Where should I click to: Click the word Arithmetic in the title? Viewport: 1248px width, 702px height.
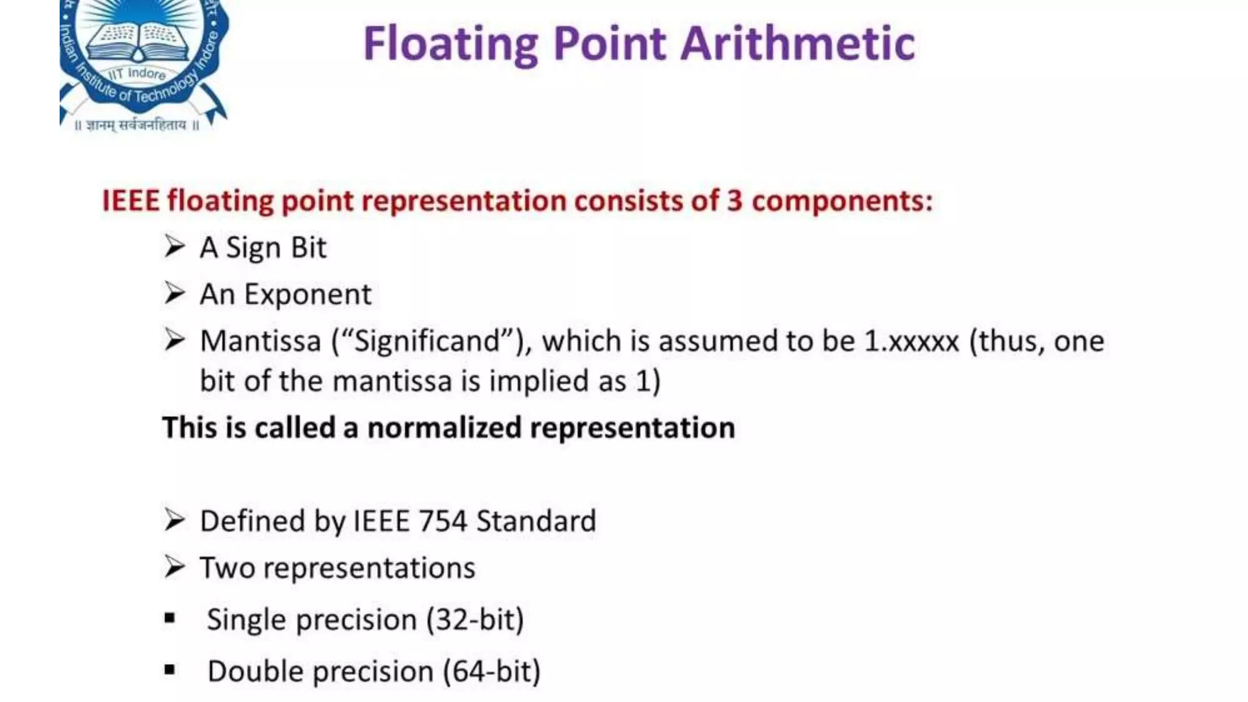(798, 44)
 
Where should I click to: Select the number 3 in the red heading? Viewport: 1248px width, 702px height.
(734, 200)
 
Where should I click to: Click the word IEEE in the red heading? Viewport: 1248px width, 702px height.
(130, 200)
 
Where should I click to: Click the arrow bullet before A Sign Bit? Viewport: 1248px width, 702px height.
(174, 247)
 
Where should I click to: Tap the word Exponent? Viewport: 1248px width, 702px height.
(308, 294)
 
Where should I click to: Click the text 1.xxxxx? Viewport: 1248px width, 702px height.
(912, 341)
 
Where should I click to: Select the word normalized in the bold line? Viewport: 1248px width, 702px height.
(444, 427)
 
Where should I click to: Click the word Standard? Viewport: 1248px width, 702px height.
(536, 521)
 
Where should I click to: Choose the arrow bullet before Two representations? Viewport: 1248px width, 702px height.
(174, 567)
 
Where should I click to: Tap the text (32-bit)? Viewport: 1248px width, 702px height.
(475, 620)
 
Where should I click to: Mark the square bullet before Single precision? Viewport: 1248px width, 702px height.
(170, 619)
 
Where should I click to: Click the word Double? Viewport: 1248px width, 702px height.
(255, 672)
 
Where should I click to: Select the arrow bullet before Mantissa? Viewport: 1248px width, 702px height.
(174, 340)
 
